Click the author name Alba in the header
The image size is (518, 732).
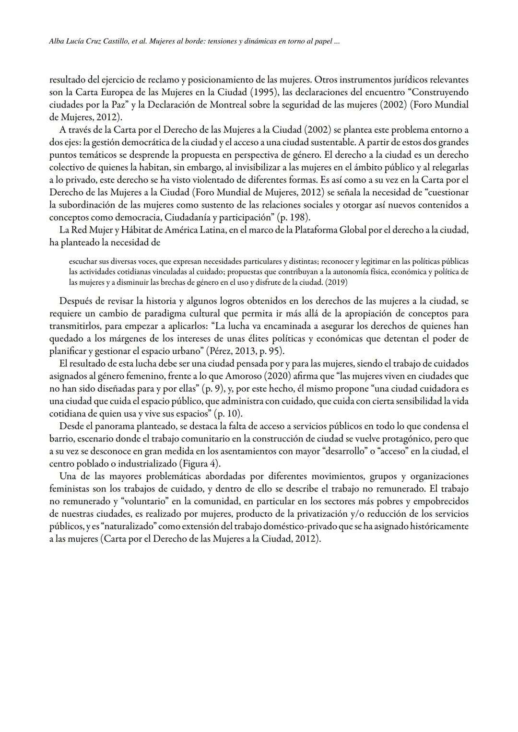[x=58, y=42]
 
